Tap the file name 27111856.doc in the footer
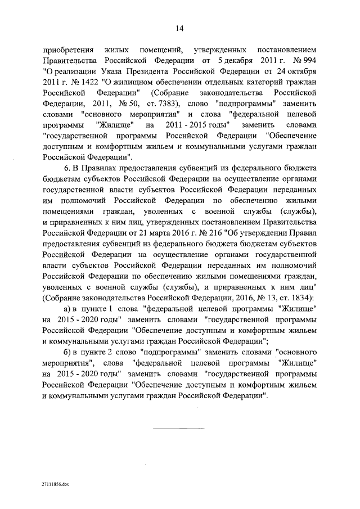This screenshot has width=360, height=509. click(x=56, y=483)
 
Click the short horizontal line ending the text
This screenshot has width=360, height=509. click(x=180, y=429)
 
